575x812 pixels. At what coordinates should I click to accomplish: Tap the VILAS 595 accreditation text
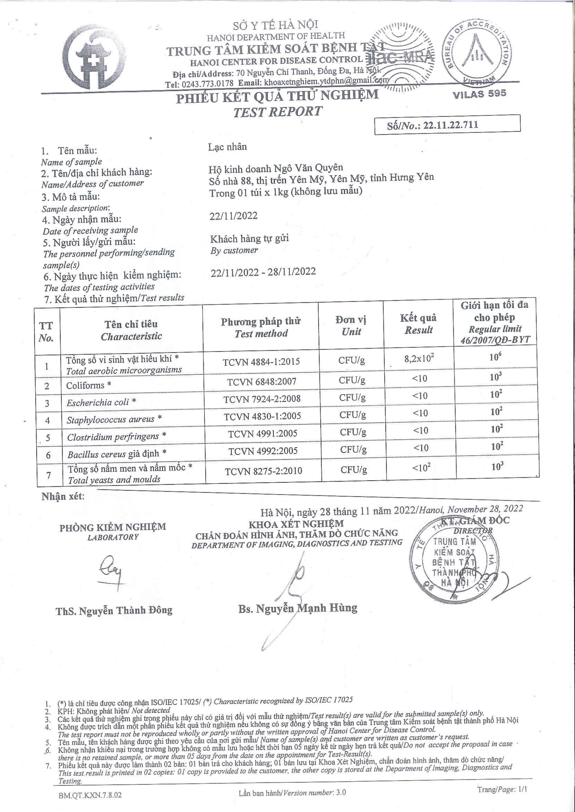pyautogui.click(x=480, y=93)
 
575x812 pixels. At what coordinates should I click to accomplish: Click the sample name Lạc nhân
pyautogui.click(x=227, y=147)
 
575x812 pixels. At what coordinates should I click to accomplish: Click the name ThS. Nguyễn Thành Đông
pyautogui.click(x=114, y=611)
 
